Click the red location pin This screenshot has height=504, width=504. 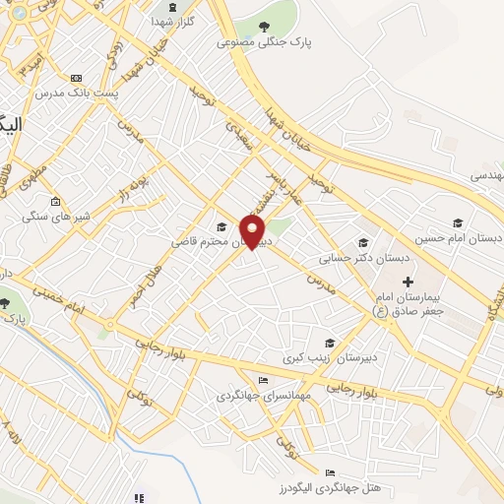(253, 232)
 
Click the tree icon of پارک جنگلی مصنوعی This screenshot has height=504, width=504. (262, 27)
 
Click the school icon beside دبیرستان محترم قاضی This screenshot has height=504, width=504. (220, 226)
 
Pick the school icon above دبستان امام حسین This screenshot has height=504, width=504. (457, 221)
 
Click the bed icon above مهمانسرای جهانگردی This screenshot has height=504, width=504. (262, 381)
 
